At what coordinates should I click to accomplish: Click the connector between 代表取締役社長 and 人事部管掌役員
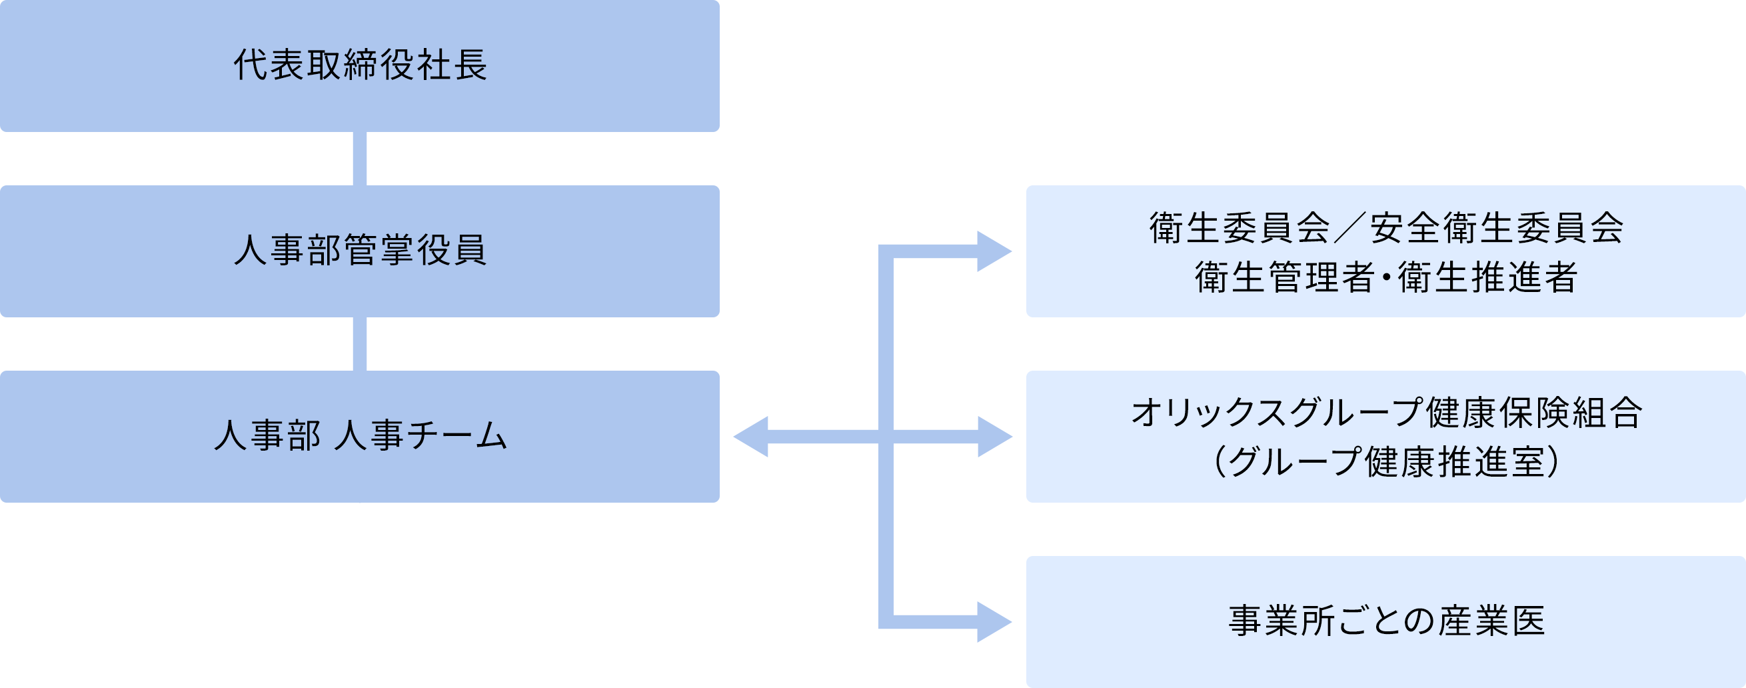click(359, 159)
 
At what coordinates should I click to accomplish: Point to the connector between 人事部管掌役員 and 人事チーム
click(359, 343)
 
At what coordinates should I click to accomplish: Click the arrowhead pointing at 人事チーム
click(752, 437)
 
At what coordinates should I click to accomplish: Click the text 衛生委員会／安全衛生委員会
click(1385, 228)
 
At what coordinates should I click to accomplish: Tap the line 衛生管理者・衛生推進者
click(1385, 277)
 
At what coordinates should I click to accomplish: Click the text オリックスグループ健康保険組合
click(1385, 413)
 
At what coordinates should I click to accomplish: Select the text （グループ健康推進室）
click(1385, 462)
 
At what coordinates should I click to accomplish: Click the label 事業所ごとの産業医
click(1385, 621)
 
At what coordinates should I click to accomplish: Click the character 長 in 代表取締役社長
click(470, 66)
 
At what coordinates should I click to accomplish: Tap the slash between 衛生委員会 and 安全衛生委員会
click(1349, 228)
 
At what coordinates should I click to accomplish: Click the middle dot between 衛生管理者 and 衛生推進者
click(1385, 278)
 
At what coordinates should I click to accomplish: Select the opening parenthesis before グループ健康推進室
click(1220, 462)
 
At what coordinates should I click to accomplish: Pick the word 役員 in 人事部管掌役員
click(451, 250)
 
